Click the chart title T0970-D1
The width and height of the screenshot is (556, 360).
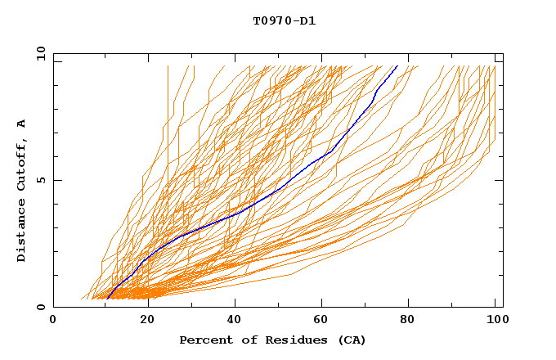[284, 20]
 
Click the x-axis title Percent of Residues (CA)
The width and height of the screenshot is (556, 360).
[272, 340]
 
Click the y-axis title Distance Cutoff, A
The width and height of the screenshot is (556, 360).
[21, 190]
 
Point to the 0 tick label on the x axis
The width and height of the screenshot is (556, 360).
[53, 321]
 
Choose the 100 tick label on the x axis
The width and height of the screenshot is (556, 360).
[495, 321]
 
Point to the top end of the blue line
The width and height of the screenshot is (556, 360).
[397, 65]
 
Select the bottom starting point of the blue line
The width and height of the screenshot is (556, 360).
[108, 299]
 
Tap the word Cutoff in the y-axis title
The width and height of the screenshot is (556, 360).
[21, 170]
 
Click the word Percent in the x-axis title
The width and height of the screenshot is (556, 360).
[206, 340]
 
